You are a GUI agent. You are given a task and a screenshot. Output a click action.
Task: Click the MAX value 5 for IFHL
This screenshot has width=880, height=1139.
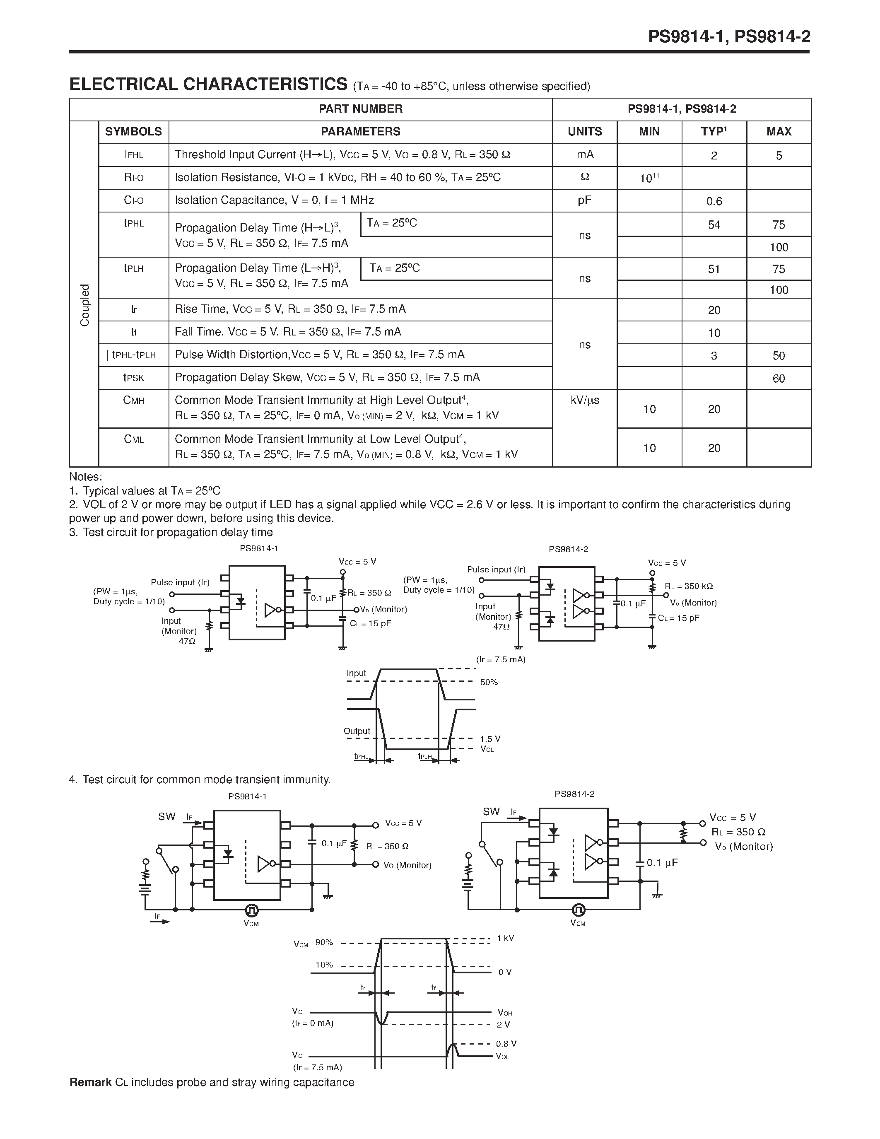(x=779, y=155)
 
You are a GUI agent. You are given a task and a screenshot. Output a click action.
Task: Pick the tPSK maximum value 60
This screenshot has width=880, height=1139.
(x=779, y=379)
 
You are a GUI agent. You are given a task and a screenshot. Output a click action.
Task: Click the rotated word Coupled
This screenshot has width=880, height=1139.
(x=84, y=305)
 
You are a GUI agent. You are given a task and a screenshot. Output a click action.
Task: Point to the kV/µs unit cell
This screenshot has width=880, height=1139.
(x=584, y=401)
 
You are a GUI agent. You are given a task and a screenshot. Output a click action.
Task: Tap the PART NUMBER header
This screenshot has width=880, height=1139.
(x=360, y=109)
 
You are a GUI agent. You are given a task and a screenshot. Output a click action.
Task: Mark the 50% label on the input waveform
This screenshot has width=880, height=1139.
(x=489, y=682)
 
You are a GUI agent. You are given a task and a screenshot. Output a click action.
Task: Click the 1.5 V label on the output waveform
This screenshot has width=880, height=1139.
(x=490, y=739)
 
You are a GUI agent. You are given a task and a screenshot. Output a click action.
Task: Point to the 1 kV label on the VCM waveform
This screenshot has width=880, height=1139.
(x=505, y=938)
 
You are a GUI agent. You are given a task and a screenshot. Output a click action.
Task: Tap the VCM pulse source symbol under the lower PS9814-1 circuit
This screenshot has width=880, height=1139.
(x=251, y=910)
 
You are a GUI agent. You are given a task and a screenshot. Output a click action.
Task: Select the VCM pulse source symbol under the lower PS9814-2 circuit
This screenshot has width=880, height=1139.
(x=578, y=910)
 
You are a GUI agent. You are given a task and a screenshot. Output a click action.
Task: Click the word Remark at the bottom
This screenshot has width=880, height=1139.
(x=91, y=1082)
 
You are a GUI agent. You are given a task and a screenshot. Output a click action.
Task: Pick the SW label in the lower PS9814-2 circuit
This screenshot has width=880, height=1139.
(x=491, y=811)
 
